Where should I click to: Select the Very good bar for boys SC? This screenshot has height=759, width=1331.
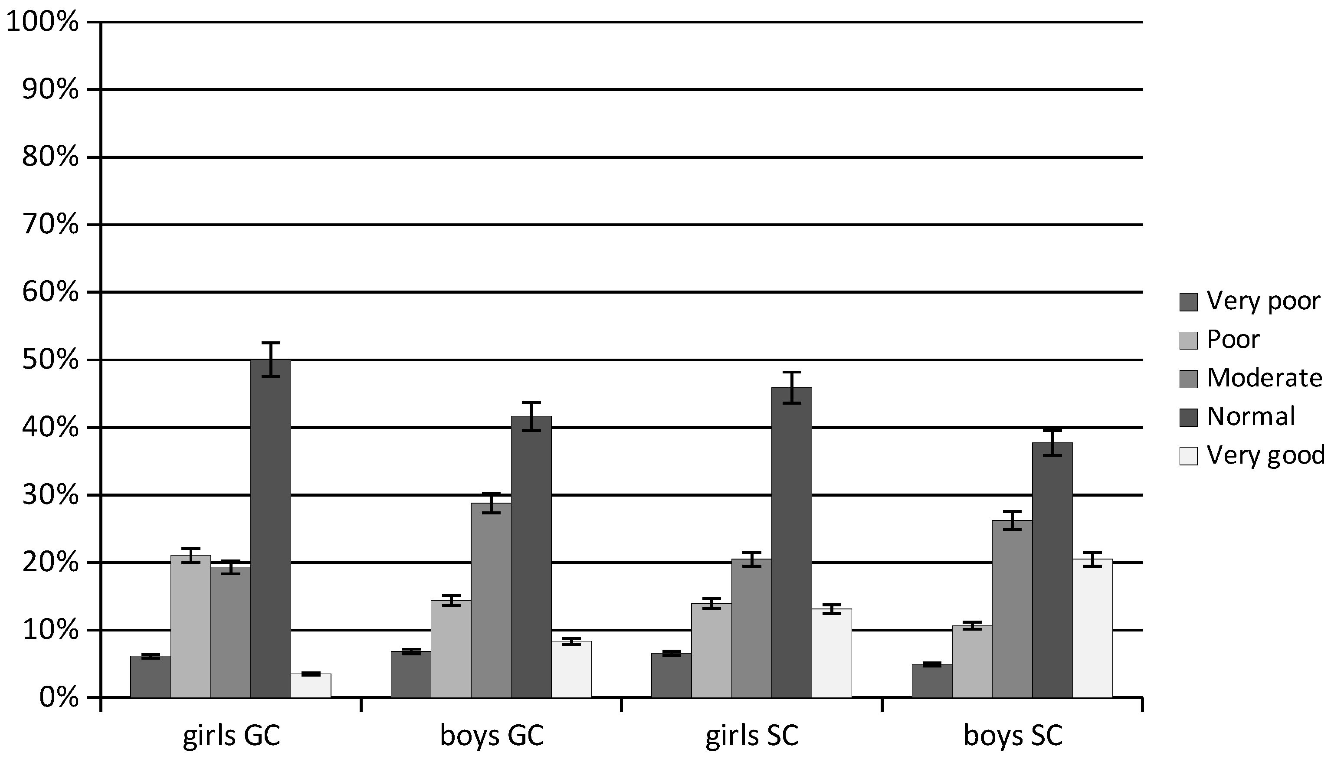[x=1092, y=628]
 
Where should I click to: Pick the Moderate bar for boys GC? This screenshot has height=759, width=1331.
[x=491, y=600]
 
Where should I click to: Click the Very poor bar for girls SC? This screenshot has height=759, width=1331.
[x=671, y=675]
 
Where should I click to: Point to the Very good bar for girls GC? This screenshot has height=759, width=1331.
[x=311, y=686]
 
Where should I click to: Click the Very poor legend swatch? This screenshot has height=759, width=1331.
[x=1188, y=302]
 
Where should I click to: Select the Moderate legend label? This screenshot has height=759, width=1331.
[x=1264, y=378]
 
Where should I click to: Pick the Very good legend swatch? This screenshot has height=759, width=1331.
[x=1188, y=455]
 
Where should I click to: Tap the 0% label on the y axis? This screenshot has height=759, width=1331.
[x=59, y=697]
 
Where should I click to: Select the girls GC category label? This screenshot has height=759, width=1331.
[x=231, y=736]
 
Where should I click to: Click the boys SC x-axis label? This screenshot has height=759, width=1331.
[x=1013, y=736]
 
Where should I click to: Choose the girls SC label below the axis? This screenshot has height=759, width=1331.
[x=752, y=736]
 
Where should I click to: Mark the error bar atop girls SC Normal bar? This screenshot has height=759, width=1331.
[x=791, y=387]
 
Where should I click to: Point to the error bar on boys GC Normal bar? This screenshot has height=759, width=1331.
[x=531, y=416]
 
